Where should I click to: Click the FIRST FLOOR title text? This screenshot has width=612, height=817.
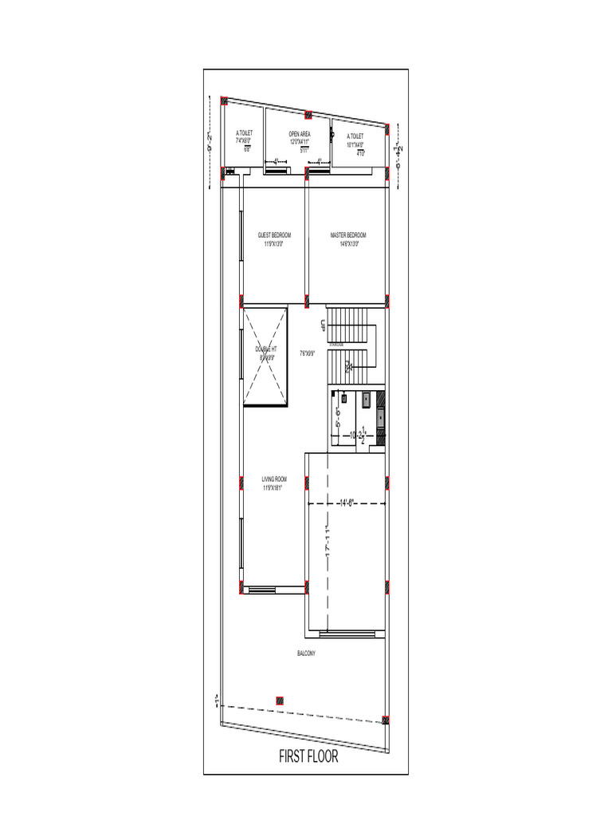tap(308, 756)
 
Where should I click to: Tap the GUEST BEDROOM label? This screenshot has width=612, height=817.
tap(274, 235)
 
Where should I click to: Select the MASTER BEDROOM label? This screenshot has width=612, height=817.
tap(348, 235)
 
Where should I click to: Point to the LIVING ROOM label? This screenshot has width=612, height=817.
tap(274, 480)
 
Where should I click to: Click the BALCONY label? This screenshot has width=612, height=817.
tap(307, 653)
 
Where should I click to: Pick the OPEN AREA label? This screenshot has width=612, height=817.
tap(300, 135)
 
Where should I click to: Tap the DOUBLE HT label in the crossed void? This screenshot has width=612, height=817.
tap(266, 349)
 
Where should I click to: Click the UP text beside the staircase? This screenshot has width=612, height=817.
tap(323, 325)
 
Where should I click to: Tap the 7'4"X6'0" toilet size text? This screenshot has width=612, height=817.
tap(244, 141)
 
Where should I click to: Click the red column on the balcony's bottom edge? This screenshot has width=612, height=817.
tap(279, 700)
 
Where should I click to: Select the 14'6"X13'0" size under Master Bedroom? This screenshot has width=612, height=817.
tap(348, 244)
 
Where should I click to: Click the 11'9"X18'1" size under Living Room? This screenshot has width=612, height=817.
tap(274, 487)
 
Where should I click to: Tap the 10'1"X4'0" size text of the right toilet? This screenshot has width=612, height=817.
tap(355, 145)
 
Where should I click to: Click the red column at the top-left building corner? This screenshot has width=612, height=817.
tap(224, 101)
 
